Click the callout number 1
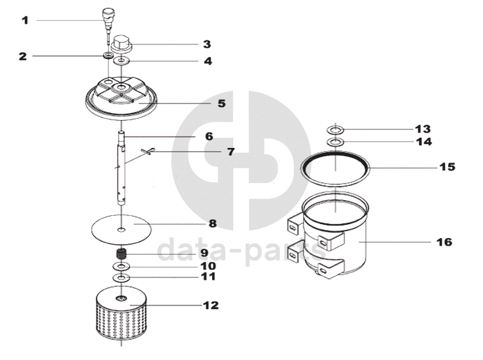pyautogui.click(x=25, y=20)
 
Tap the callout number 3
pyautogui.click(x=207, y=44)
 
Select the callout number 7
pyautogui.click(x=230, y=152)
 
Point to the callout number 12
pyautogui.click(x=210, y=305)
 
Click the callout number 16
pyautogui.click(x=444, y=242)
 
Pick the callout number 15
pyautogui.click(x=447, y=167)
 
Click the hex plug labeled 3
pyautogui.click(x=121, y=44)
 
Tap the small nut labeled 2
pyautogui.click(x=109, y=57)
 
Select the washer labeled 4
pyautogui.click(x=122, y=62)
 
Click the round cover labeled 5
pyautogui.click(x=121, y=98)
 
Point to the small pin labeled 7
pyautogui.click(x=148, y=150)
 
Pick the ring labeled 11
pyautogui.click(x=121, y=277)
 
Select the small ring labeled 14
pyautogui.click(x=336, y=141)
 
